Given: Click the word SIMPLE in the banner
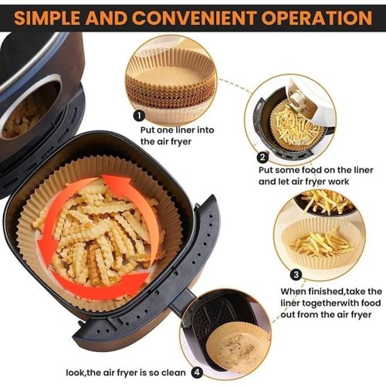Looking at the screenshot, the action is pos(47,18).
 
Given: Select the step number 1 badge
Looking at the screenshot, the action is pos(139,116).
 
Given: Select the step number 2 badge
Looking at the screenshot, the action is pos(262,157).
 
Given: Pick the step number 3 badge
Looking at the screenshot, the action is pos(296,274).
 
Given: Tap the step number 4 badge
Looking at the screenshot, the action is pos(197,373).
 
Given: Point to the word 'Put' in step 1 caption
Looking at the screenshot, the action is pos(147,130).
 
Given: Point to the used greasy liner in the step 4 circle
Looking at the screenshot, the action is pos(238,347).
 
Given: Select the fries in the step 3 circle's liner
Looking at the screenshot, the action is pos(322,243).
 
